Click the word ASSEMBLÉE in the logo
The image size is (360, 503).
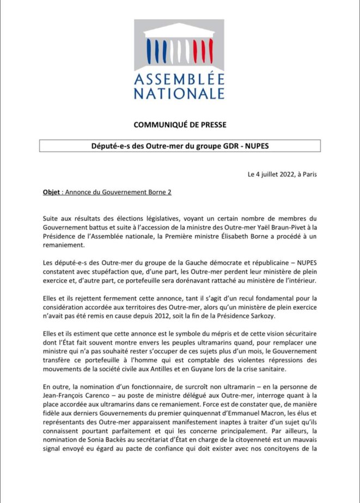click(x=179, y=77)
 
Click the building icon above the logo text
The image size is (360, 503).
click(x=179, y=45)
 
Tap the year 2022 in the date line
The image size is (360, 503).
click(x=282, y=175)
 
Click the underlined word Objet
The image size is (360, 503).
click(x=52, y=192)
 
